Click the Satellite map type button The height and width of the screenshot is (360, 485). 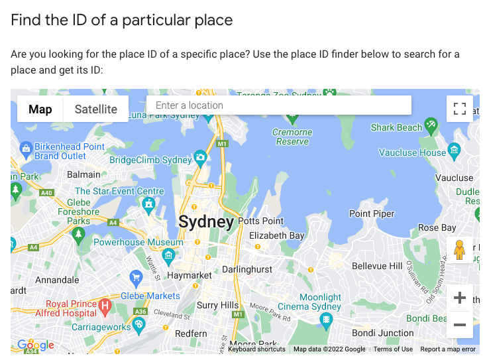coord(95,109)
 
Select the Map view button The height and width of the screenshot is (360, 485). coord(40,109)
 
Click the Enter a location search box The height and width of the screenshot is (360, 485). coord(278,105)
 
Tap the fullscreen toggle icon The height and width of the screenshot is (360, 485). coord(459,109)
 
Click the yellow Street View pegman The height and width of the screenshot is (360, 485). coord(460,250)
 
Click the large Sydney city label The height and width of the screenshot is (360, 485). coord(206,221)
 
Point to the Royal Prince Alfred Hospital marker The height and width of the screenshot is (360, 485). coord(105,307)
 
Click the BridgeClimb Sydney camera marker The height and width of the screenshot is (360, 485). coord(200,158)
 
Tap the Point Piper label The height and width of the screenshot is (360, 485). coord(372,213)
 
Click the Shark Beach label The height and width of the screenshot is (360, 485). coord(396,127)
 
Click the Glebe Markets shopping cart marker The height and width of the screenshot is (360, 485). coord(136,277)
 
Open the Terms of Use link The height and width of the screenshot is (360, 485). coord(393,349)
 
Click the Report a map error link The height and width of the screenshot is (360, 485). coord(448,349)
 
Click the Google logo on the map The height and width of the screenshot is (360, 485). coord(36,345)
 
